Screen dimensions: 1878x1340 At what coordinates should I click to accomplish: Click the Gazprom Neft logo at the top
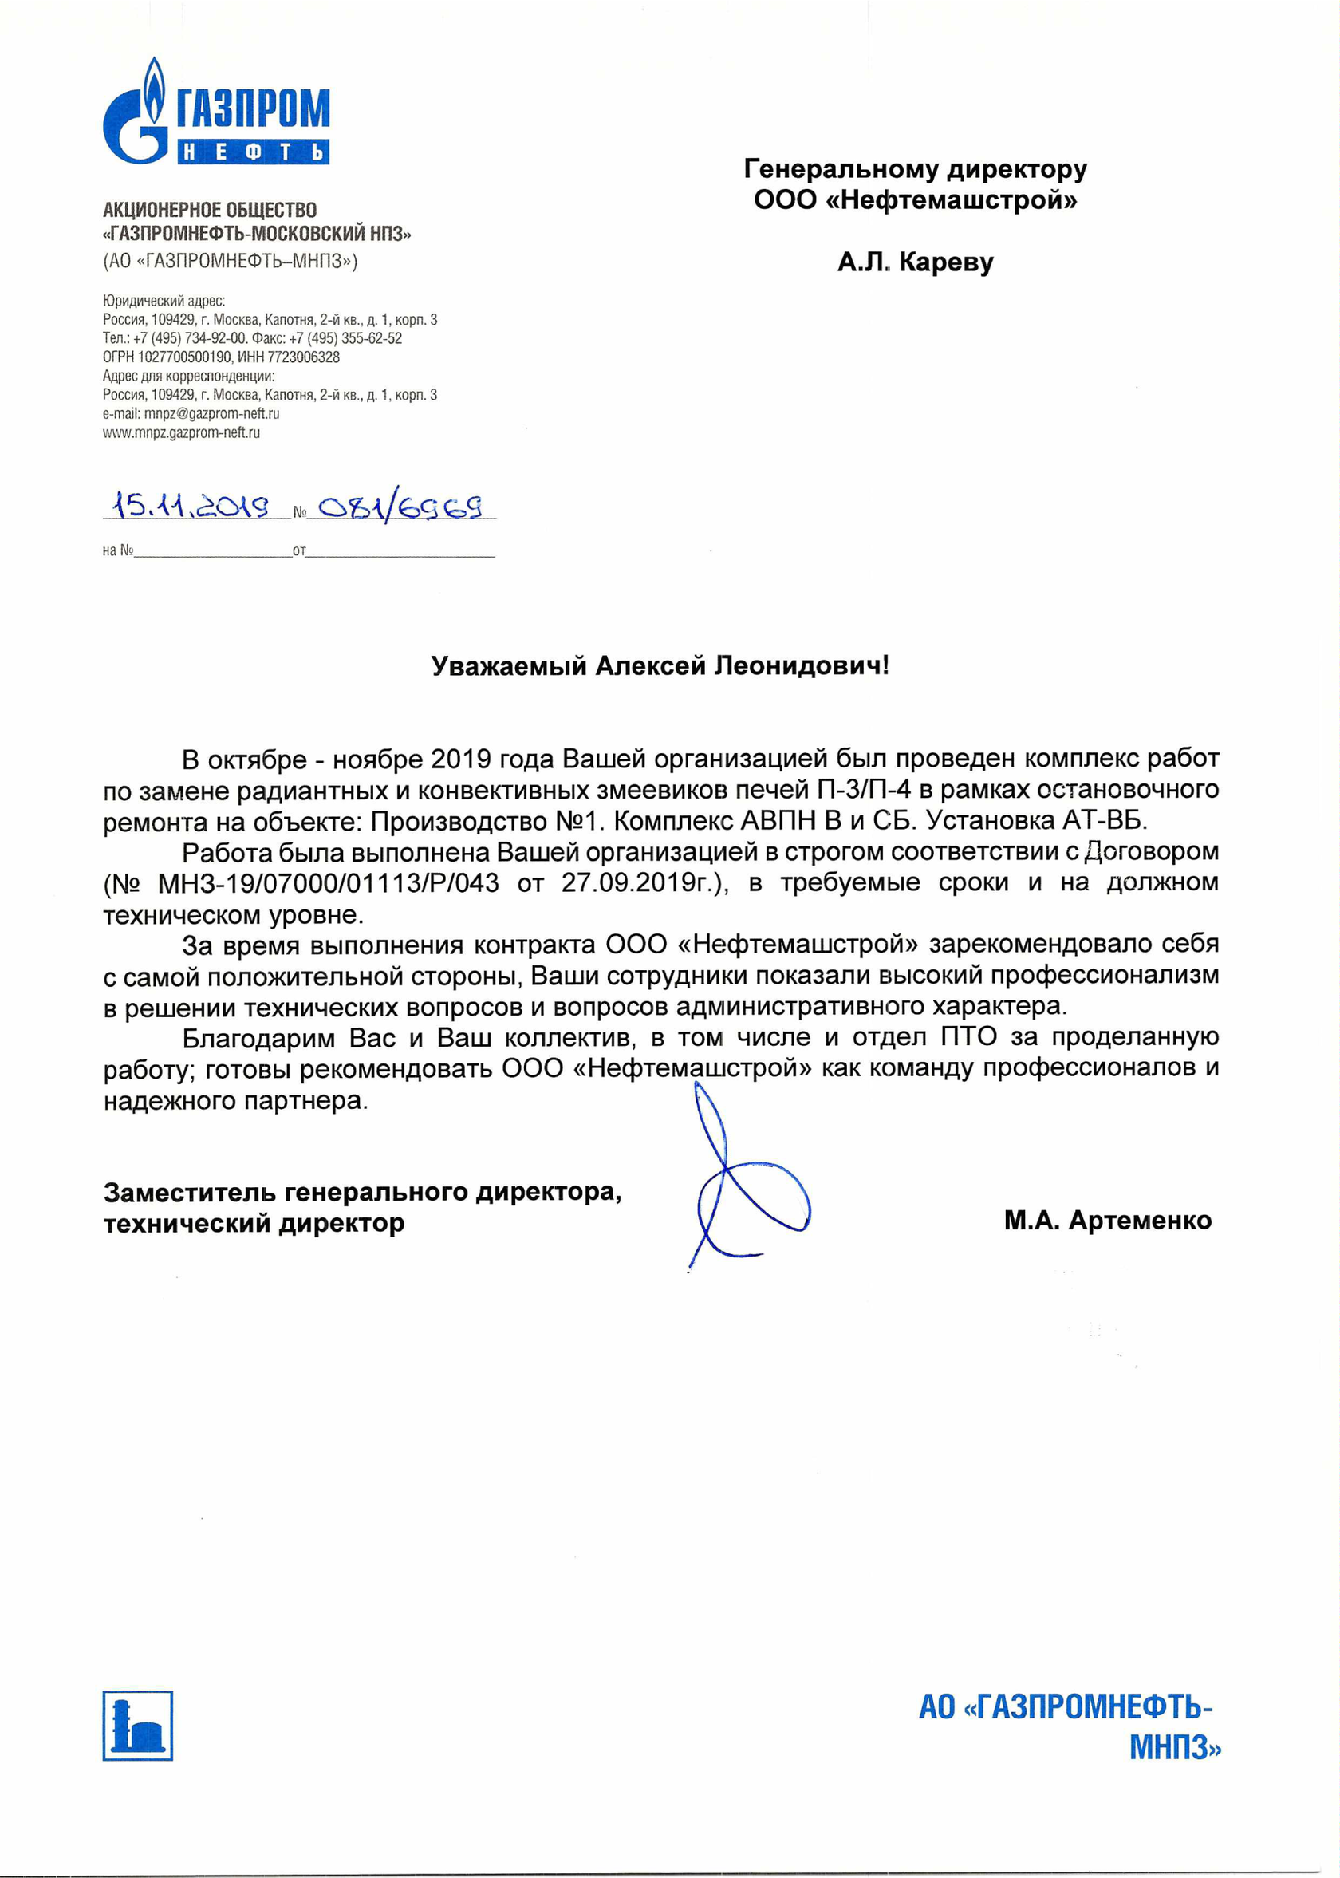(215, 112)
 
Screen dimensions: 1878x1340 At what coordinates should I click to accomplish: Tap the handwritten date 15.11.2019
(191, 505)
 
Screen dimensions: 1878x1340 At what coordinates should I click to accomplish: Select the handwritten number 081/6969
(400, 507)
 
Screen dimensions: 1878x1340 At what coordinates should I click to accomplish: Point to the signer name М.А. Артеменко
(1107, 1221)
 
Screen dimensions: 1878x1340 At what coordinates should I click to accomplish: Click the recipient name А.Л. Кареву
(915, 262)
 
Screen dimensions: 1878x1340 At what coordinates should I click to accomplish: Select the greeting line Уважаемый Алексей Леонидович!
(660, 666)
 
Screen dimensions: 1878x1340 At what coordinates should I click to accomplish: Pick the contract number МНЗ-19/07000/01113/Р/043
(329, 883)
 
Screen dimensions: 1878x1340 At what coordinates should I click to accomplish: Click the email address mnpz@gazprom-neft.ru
(211, 413)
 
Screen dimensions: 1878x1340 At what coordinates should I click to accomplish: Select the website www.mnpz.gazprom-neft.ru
(181, 432)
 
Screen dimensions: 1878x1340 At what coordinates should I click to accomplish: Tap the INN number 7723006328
(303, 357)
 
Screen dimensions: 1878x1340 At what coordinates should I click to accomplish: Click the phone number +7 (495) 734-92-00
(190, 338)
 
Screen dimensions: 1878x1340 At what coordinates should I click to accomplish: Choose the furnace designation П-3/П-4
(864, 790)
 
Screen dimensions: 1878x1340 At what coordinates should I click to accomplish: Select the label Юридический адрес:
(164, 302)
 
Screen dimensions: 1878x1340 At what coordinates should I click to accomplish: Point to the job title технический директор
(254, 1224)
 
